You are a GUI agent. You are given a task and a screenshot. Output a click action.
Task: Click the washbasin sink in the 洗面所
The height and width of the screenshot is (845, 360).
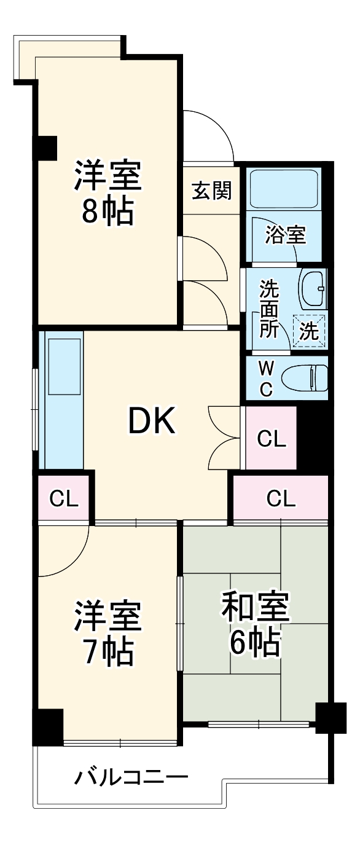pos(313,288)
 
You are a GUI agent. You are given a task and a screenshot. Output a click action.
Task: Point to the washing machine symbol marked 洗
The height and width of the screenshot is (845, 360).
pos(309,331)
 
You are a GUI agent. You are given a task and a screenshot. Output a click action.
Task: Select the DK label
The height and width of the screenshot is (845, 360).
pos(151,422)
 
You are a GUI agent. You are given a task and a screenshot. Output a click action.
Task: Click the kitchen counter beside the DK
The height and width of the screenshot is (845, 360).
pos(61,399)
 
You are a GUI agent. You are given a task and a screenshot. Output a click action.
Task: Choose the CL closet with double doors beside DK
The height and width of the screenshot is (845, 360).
pos(271,438)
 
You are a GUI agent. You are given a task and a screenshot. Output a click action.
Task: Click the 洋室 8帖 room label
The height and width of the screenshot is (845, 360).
pos(108,193)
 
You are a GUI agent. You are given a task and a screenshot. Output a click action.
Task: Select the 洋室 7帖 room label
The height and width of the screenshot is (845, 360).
pos(108,633)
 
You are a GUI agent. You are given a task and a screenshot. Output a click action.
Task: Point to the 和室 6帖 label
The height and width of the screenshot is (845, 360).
pos(255,624)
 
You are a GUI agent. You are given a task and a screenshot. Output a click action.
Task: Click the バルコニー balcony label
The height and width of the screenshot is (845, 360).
pos(131,777)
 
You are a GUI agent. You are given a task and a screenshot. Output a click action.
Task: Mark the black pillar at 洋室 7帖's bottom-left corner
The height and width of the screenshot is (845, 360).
pos(48,727)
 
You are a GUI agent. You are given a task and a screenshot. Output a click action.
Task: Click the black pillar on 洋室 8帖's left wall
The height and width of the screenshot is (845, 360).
pos(45,146)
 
